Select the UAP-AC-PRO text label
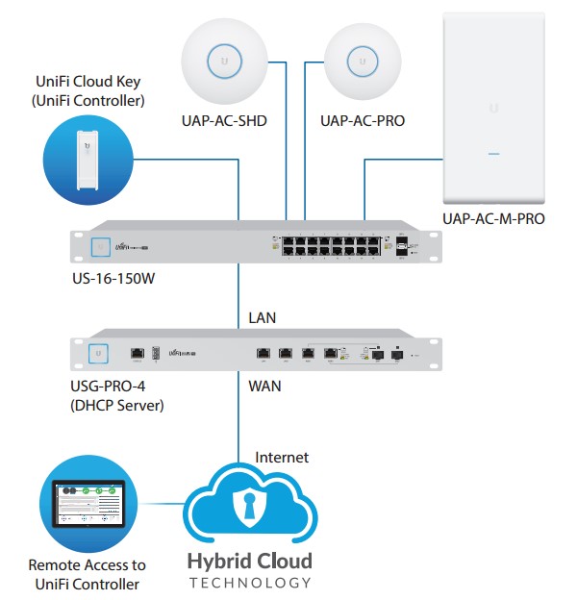point(362,122)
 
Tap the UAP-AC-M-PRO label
point(493,218)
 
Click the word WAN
point(263,387)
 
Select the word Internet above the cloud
point(282,458)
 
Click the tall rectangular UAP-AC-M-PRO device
point(493,106)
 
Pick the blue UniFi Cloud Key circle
point(88,159)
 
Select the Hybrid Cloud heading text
point(249,561)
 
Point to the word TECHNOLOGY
point(249,583)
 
